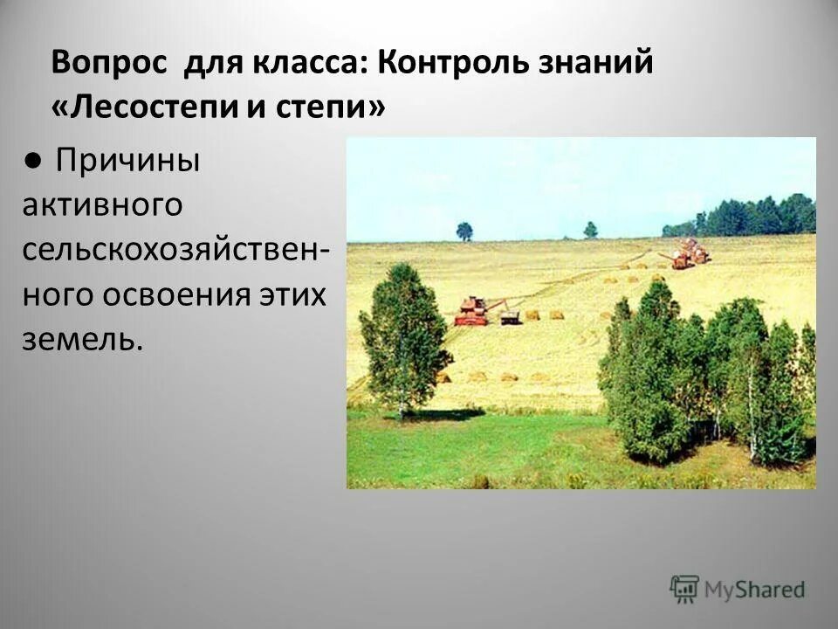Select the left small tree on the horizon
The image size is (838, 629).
coord(464,231)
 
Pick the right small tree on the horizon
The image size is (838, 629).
coord(591,229)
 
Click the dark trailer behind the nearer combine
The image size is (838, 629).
coord(510,315)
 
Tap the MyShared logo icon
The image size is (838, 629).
coord(684,589)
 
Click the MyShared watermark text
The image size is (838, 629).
coord(755,590)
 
